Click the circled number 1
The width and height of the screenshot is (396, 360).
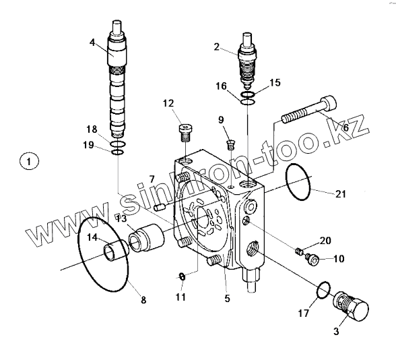click(x=29, y=161)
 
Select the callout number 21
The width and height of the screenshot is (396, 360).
click(x=341, y=194)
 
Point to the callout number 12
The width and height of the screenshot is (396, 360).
click(x=168, y=104)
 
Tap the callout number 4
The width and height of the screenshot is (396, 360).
click(x=92, y=42)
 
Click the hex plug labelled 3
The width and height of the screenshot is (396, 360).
click(x=351, y=306)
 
